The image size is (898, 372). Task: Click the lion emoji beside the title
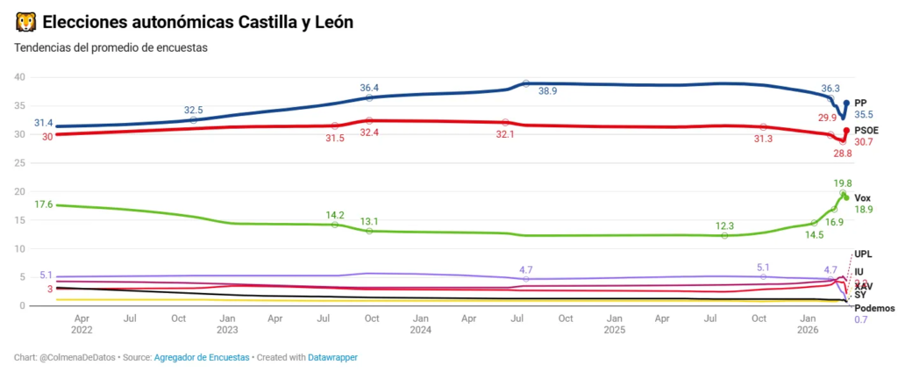(25, 22)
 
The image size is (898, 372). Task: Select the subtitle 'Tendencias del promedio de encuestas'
(110, 48)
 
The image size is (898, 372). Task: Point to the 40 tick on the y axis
(20, 77)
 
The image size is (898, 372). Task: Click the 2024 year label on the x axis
(420, 330)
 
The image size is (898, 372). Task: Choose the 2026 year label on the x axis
(808, 330)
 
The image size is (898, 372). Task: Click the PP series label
(861, 103)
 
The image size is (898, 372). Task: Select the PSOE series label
(867, 130)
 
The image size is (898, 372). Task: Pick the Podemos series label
(874, 308)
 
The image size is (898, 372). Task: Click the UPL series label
(863, 254)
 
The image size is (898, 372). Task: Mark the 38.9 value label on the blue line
(548, 90)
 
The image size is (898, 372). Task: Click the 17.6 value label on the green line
(43, 204)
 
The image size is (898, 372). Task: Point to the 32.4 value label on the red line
(369, 132)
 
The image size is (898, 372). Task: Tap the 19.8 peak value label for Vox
(843, 182)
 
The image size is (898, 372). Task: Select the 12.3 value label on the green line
(724, 225)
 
